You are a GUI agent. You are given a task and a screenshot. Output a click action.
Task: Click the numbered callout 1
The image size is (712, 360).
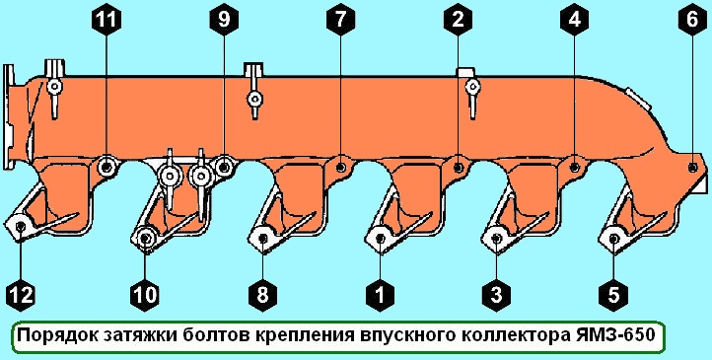click(378, 292)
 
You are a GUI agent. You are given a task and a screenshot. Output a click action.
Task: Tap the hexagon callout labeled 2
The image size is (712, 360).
click(457, 18)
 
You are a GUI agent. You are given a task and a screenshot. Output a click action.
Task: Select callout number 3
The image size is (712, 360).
click(494, 292)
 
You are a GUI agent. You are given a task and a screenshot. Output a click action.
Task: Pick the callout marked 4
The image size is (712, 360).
click(575, 18)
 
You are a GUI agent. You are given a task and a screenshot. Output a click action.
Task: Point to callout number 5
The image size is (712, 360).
click(612, 292)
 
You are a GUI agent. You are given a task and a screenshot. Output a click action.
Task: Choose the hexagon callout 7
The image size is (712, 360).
click(339, 18)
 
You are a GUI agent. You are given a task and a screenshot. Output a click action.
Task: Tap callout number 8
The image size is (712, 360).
click(262, 292)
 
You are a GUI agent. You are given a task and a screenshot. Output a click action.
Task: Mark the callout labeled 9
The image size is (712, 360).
click(224, 18)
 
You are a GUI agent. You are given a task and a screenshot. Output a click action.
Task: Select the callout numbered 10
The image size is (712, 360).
click(146, 292)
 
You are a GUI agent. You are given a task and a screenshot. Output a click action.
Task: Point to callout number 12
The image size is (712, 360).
click(22, 292)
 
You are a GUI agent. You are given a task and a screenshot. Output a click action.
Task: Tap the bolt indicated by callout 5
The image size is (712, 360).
click(612, 238)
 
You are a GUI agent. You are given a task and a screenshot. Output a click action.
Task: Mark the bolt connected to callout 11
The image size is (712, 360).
click(107, 165)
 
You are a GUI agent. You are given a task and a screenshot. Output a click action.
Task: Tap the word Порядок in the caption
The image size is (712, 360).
click(54, 335)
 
